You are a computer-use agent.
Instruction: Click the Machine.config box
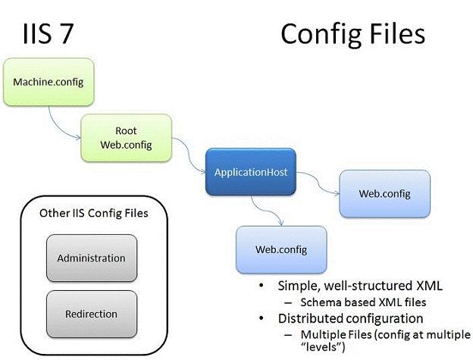tap(49, 82)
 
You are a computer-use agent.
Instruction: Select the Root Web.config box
tap(126, 138)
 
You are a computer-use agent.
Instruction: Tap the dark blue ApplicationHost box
tap(251, 172)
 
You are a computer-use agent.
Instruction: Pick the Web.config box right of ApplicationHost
tap(384, 193)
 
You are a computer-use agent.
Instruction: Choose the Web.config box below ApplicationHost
tap(281, 249)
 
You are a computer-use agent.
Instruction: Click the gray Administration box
tap(92, 258)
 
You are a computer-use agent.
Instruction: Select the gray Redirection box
tap(92, 314)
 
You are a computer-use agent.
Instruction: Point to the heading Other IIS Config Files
tap(94, 213)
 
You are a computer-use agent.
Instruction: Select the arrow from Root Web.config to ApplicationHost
tap(190, 154)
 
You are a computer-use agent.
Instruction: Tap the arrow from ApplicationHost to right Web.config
tap(318, 182)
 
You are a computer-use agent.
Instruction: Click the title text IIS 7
tap(48, 34)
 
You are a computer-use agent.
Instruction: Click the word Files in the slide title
tap(398, 34)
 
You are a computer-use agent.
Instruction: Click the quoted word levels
tap(323, 346)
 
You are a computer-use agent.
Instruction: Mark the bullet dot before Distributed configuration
tap(262, 318)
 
